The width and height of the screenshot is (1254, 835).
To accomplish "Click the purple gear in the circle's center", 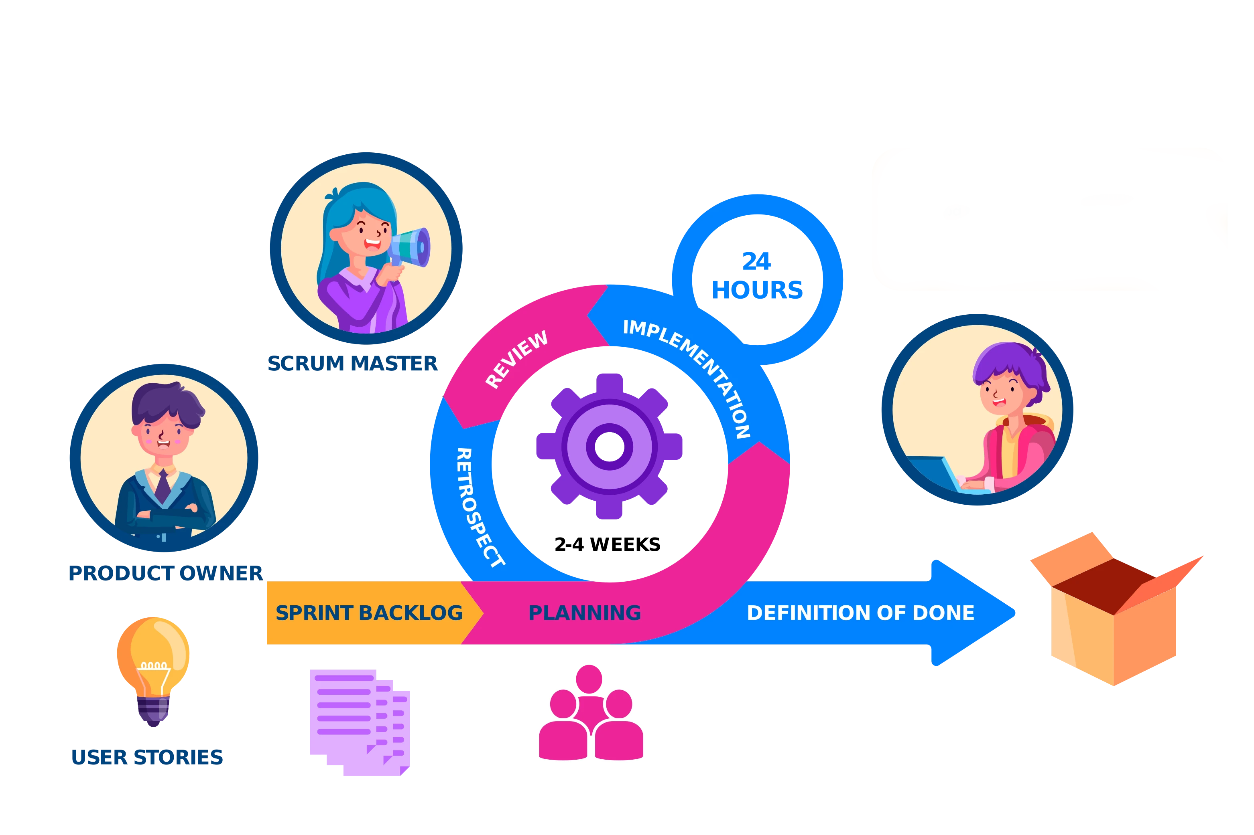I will pyautogui.click(x=609, y=446).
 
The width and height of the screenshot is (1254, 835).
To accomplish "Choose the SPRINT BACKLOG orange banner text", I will pyautogui.click(x=369, y=613).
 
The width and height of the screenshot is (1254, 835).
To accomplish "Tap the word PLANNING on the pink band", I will pyautogui.click(x=584, y=613).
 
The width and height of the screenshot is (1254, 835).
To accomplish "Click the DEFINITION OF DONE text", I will pyautogui.click(x=860, y=613).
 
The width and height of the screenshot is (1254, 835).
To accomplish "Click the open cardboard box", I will pyautogui.click(x=1114, y=613).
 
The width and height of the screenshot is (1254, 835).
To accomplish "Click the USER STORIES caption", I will pyautogui.click(x=147, y=757).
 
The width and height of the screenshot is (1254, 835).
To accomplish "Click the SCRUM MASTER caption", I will pyautogui.click(x=352, y=364).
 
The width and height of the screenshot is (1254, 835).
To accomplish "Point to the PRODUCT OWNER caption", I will pyautogui.click(x=165, y=573).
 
